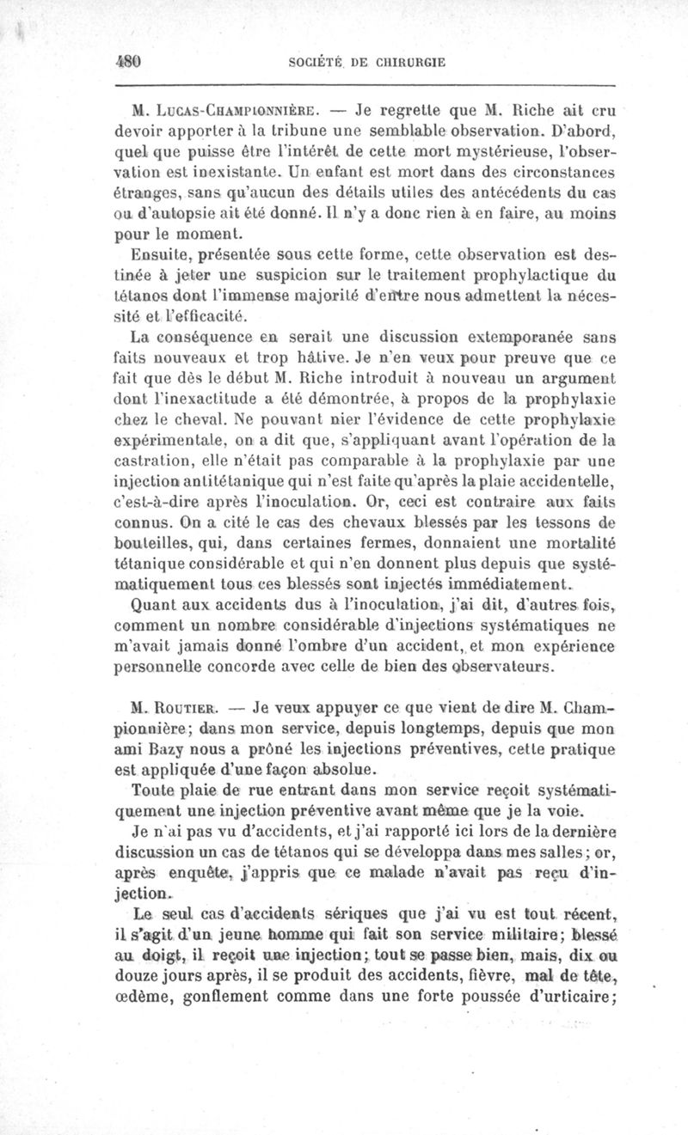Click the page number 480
(x=126, y=62)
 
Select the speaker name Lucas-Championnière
(x=227, y=112)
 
